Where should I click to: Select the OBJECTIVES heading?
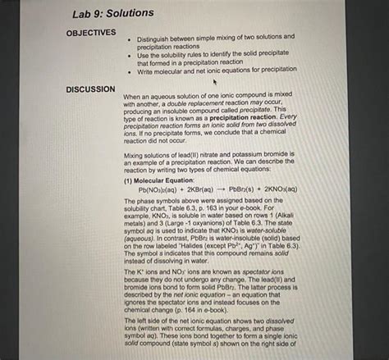pyautogui.click(x=90, y=32)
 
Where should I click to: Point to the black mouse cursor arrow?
pyautogui.click(x=215, y=82)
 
